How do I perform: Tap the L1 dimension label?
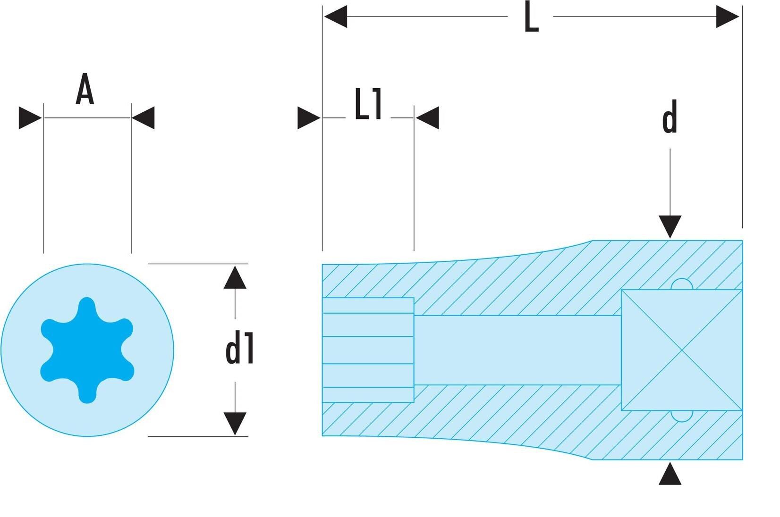click(x=368, y=104)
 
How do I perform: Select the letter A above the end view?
click(x=85, y=89)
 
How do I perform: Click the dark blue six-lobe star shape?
click(x=87, y=350)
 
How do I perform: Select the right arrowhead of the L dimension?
click(x=728, y=17)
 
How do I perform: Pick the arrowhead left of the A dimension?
click(x=30, y=118)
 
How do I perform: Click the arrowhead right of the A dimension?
click(x=143, y=118)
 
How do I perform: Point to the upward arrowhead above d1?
click(x=235, y=277)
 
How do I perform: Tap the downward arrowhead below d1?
click(x=235, y=424)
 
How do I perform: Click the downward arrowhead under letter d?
click(x=670, y=227)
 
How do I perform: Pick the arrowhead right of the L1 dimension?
click(x=427, y=118)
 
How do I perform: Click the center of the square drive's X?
click(x=682, y=350)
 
